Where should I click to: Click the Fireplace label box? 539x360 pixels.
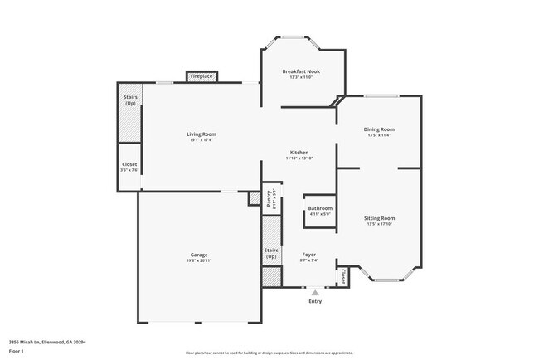202,76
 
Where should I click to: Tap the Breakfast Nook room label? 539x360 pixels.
300,71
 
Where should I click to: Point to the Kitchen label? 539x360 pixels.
299,152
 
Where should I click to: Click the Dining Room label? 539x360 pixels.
379,129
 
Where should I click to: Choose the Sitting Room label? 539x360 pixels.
379,218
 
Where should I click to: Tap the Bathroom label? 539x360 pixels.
320,208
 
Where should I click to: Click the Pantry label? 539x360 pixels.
269,197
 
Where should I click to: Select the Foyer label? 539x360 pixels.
308,255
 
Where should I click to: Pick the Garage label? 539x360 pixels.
199,255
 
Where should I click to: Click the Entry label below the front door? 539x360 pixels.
315,301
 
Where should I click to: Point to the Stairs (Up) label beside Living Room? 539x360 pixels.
130,100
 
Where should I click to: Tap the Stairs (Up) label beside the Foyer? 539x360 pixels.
271,253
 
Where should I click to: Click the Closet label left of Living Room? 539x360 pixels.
129,164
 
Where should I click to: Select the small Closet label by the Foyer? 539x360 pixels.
342,275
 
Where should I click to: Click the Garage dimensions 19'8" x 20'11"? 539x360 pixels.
199,261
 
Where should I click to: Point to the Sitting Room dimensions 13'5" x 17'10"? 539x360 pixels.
379,224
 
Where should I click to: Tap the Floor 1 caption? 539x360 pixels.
17,350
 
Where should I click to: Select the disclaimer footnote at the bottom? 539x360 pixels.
269,353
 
